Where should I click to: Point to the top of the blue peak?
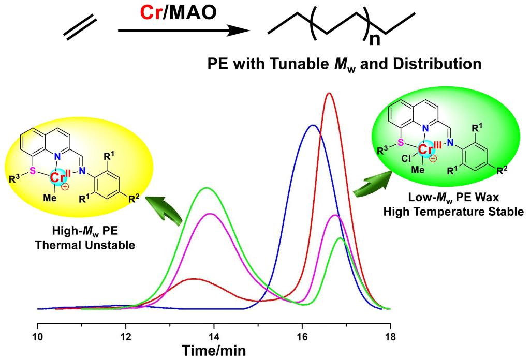(x=312, y=125)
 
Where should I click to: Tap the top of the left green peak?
(x=207, y=188)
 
